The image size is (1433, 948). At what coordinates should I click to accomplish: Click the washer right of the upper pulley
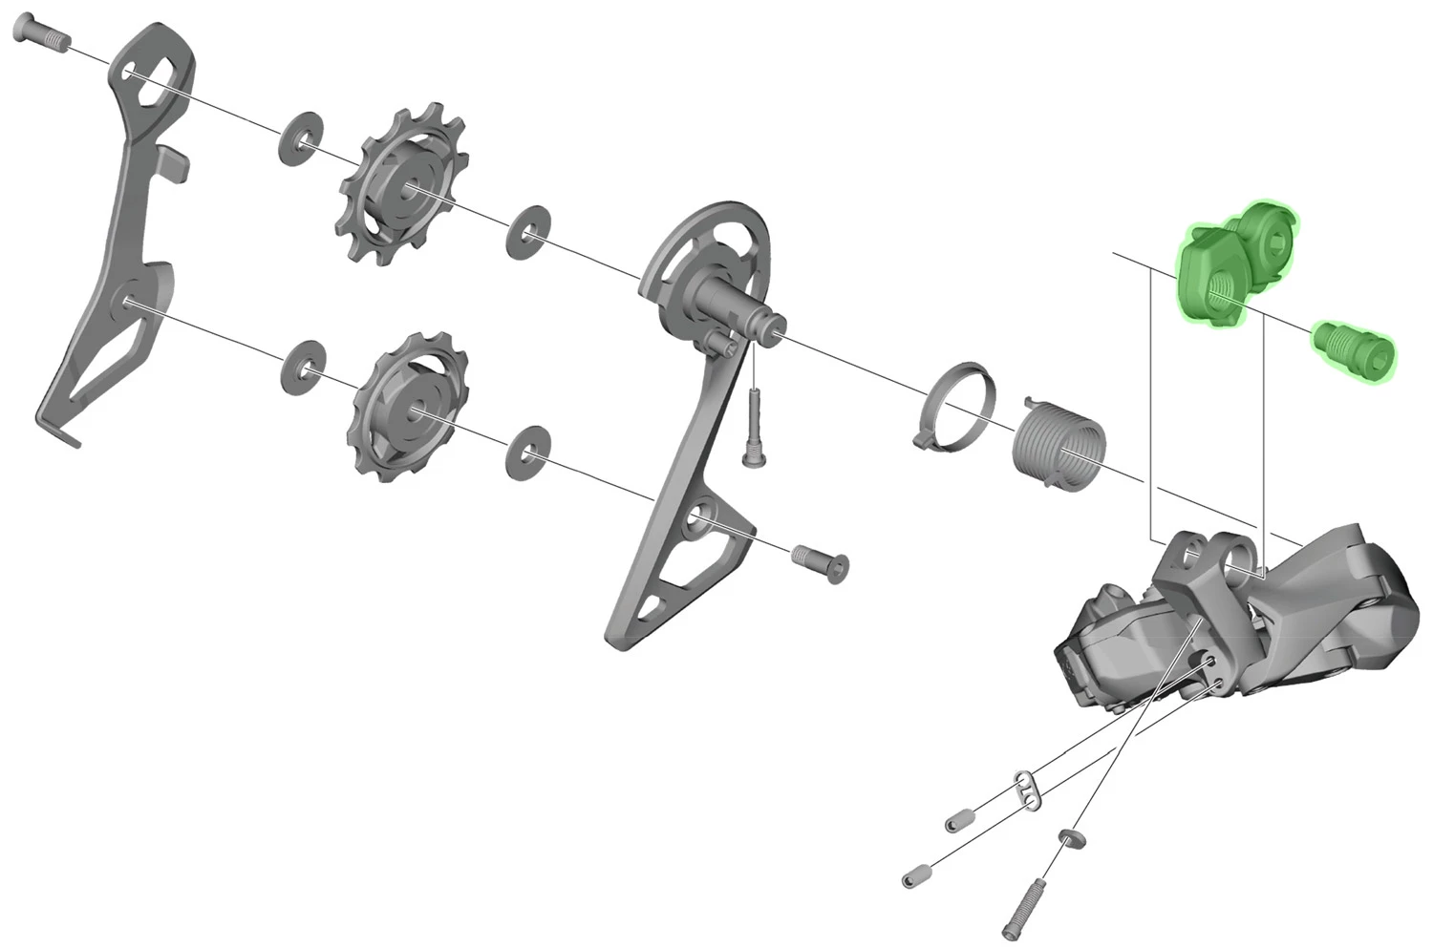click(528, 232)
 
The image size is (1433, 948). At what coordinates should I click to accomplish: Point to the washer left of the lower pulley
click(304, 366)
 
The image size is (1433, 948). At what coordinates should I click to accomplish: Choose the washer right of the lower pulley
click(528, 452)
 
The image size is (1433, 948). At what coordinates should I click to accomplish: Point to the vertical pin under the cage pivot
click(753, 430)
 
